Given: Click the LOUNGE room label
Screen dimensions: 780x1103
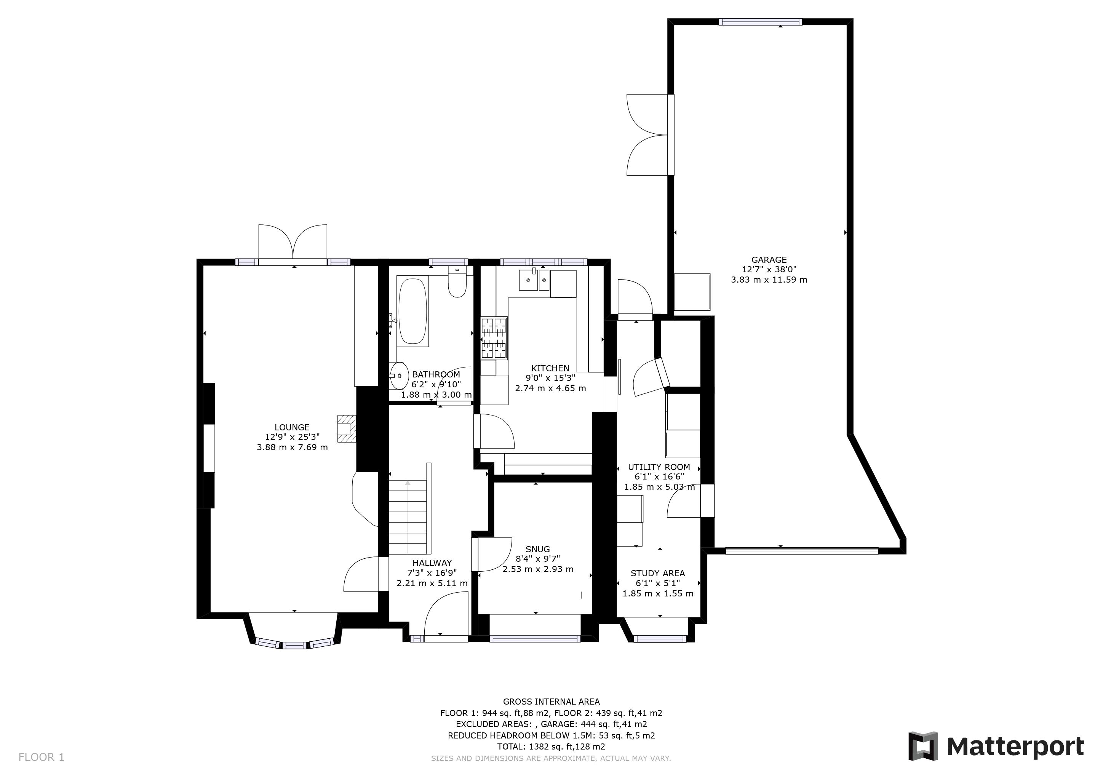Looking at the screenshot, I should [x=292, y=427].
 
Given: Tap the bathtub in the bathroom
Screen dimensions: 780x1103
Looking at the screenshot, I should [x=412, y=311].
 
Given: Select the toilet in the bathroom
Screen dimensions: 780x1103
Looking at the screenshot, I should [x=457, y=283].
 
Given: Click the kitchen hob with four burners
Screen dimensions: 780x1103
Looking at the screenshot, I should [x=494, y=338].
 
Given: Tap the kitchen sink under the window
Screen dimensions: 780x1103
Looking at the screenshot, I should [x=534, y=280].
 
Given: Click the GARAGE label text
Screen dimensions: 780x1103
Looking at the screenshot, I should [x=769, y=260].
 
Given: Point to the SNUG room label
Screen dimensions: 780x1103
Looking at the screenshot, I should [x=537, y=549].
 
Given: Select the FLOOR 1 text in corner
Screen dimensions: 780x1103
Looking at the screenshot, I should [x=41, y=758].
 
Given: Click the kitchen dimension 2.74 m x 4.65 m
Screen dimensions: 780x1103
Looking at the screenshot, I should [x=550, y=388].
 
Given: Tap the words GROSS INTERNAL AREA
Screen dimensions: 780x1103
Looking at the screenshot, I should [x=551, y=702].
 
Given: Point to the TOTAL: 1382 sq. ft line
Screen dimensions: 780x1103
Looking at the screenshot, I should [x=551, y=747].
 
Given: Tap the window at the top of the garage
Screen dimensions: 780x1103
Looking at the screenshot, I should [x=760, y=22].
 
